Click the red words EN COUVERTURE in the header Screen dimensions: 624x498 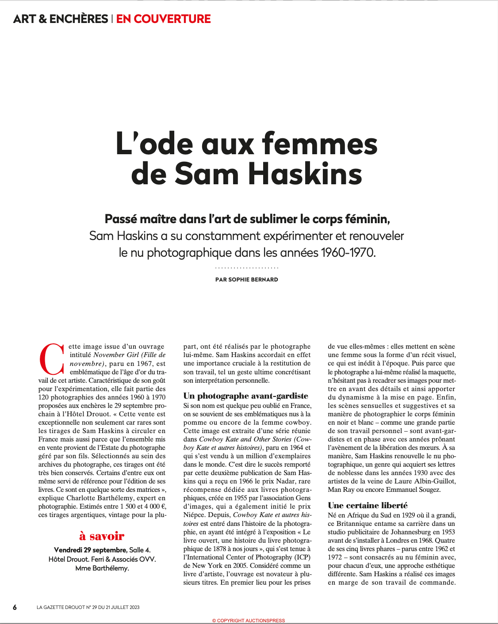pos(163,19)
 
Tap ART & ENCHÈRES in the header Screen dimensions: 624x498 pos(61,19)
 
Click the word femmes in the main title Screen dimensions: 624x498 pos(319,144)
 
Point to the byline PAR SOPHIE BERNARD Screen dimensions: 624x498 pos(246,279)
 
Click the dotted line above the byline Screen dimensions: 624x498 pos(246,268)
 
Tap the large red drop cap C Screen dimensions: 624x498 pos(52,358)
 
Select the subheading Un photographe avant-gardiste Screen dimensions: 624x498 pos(245,396)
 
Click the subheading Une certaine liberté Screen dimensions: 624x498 pos(368,505)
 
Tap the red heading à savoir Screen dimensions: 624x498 pos(102,536)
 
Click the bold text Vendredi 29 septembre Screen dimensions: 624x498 pos(90,550)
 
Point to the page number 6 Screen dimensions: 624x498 pos(15,607)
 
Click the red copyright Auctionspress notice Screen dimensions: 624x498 pos(249,620)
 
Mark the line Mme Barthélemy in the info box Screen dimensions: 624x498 pos(102,568)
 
